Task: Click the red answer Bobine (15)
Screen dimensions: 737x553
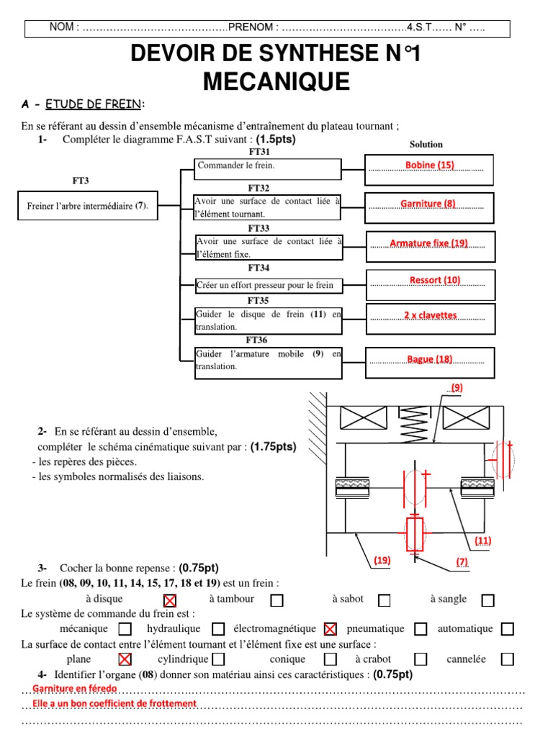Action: click(429, 166)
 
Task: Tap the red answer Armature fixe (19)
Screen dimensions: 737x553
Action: click(428, 243)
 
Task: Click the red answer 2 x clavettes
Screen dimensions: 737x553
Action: click(431, 316)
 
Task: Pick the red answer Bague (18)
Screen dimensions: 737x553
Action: click(430, 359)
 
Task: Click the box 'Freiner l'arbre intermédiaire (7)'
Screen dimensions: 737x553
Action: click(87, 206)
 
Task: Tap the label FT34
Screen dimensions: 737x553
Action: click(258, 268)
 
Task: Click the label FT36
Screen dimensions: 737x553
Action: click(257, 340)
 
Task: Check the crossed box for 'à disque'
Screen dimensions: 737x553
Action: click(170, 600)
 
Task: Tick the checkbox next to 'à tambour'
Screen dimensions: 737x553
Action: click(276, 600)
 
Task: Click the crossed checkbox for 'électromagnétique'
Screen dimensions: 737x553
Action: click(331, 629)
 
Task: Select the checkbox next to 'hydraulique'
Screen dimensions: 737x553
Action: click(219, 629)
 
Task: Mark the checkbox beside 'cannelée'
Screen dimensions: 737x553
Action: click(508, 659)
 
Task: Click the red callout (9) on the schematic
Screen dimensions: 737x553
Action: click(456, 388)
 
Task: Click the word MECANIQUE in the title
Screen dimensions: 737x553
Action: click(276, 81)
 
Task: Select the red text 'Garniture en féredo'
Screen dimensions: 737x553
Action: click(75, 689)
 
